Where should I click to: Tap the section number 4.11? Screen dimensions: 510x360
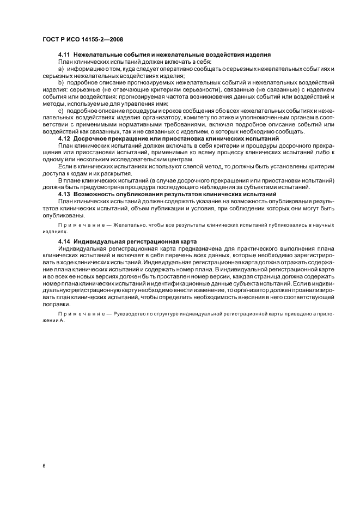point(65,56)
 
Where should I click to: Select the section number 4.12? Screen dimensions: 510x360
point(65,139)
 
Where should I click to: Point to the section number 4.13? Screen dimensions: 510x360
point(65,194)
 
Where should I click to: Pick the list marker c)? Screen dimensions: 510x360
point(62,111)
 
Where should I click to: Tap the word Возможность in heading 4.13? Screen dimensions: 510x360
point(96,194)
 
